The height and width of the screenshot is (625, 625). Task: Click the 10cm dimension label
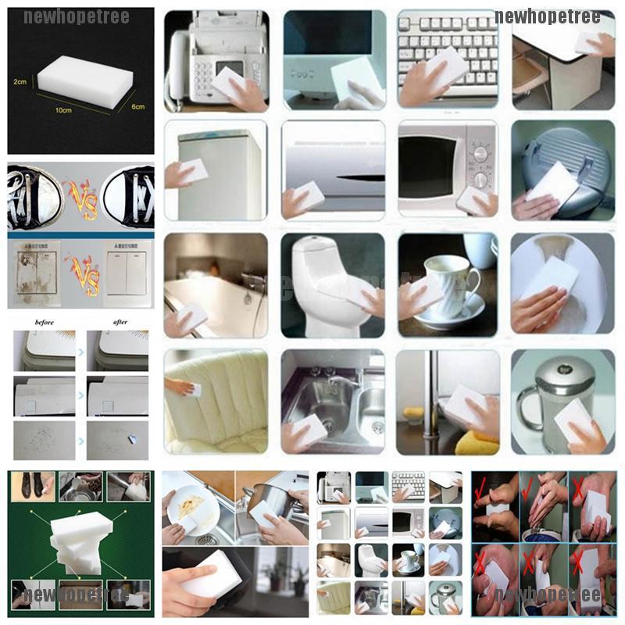tap(62, 110)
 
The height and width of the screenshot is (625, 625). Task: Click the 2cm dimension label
tap(21, 81)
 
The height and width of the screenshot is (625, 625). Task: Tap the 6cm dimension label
tap(137, 106)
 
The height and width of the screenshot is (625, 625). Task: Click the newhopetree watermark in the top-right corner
tap(547, 16)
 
